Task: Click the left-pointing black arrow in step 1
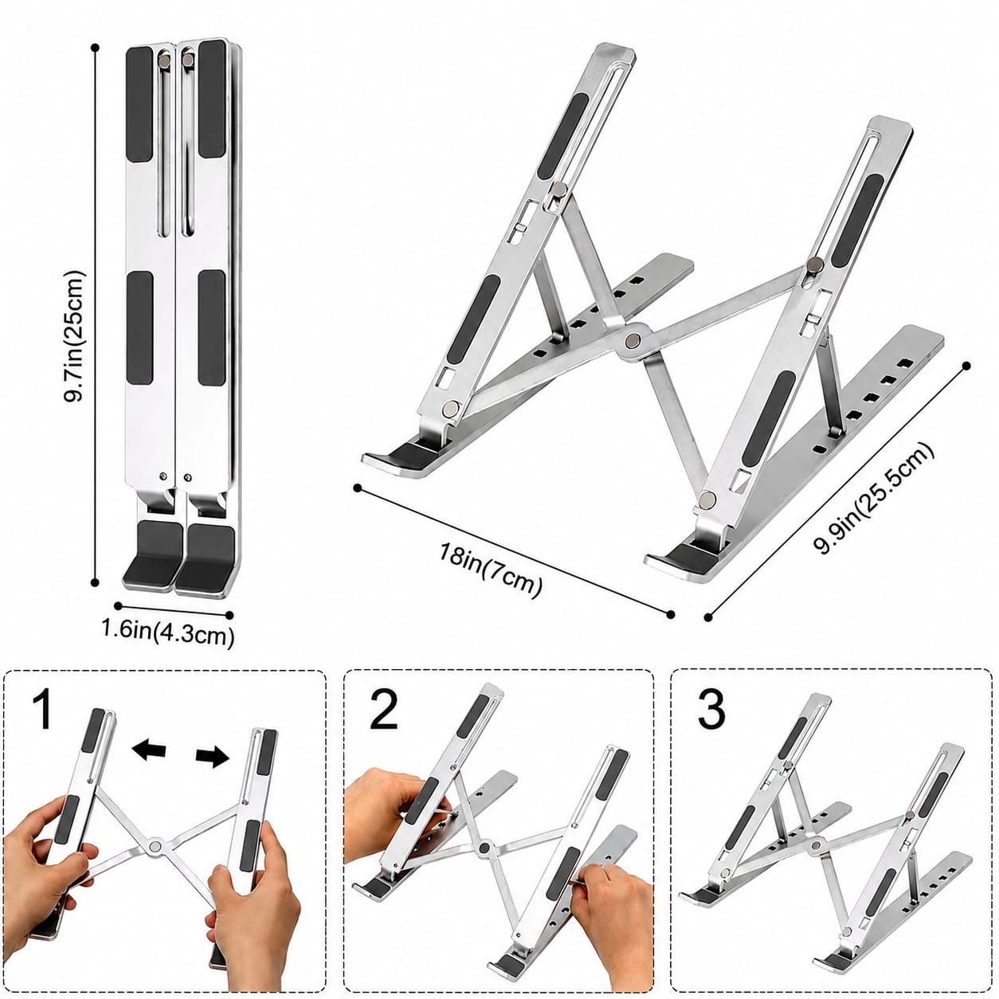click(x=149, y=750)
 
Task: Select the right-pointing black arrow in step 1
click(x=212, y=758)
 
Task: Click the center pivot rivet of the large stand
click(x=633, y=341)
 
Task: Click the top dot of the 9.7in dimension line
click(x=95, y=48)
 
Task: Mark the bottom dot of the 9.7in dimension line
click(x=95, y=582)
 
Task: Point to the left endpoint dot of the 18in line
click(x=357, y=488)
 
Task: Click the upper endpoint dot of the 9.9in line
click(x=966, y=366)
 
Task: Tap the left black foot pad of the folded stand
click(x=152, y=554)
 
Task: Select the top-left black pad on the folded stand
click(x=139, y=104)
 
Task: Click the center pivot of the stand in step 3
click(x=817, y=860)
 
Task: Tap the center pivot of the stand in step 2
click(x=484, y=864)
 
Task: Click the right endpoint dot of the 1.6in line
click(x=230, y=615)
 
